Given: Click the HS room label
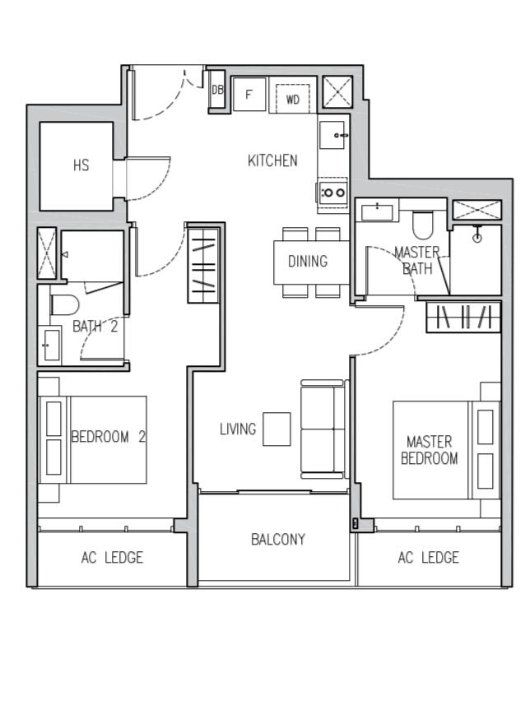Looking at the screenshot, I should click(x=81, y=165).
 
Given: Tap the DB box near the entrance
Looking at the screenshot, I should click(x=217, y=90).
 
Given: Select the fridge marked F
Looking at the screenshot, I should click(x=249, y=95).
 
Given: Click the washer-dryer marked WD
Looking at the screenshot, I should click(x=293, y=99).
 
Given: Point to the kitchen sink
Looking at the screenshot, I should click(x=333, y=135).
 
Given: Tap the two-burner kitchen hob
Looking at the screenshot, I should click(x=333, y=192).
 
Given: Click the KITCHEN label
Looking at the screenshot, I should click(x=272, y=160).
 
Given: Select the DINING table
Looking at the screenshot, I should click(x=307, y=262).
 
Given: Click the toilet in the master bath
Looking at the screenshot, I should click(x=423, y=224).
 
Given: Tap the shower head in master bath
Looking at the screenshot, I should click(x=476, y=237).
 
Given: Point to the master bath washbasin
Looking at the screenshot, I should click(x=379, y=211).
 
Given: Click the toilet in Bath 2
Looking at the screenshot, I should click(x=64, y=304).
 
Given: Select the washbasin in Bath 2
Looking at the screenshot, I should click(x=50, y=344).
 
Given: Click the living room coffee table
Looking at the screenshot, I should click(x=276, y=429).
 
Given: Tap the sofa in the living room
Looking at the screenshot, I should click(x=323, y=429).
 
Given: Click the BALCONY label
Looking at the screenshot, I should click(x=277, y=540).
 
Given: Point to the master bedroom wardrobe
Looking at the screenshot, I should click(x=463, y=317).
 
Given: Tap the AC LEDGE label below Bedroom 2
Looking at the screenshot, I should click(x=112, y=558).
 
